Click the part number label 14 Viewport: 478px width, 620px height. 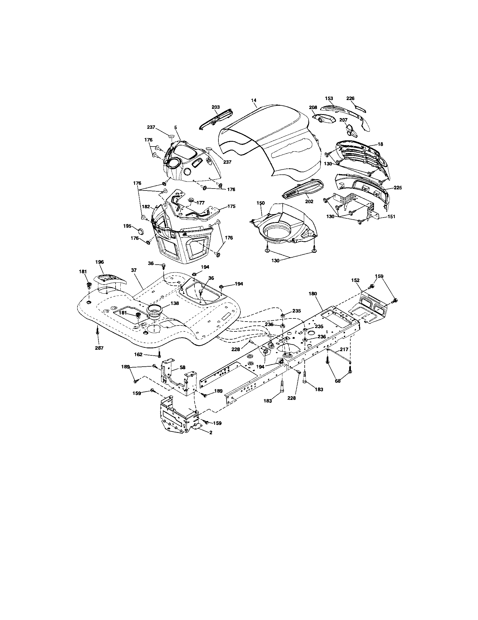(254, 100)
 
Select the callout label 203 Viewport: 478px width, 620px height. (216, 107)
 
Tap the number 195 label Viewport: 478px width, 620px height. (127, 226)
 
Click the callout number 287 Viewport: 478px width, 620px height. (99, 348)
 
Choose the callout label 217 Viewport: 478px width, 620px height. (344, 349)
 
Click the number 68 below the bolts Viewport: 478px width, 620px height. (337, 381)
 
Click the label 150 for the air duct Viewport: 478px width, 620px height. (260, 203)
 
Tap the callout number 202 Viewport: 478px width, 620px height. (309, 201)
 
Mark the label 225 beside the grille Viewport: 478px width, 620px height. (398, 188)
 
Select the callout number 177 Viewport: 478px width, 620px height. (200, 203)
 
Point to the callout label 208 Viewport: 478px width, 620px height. (313, 108)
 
